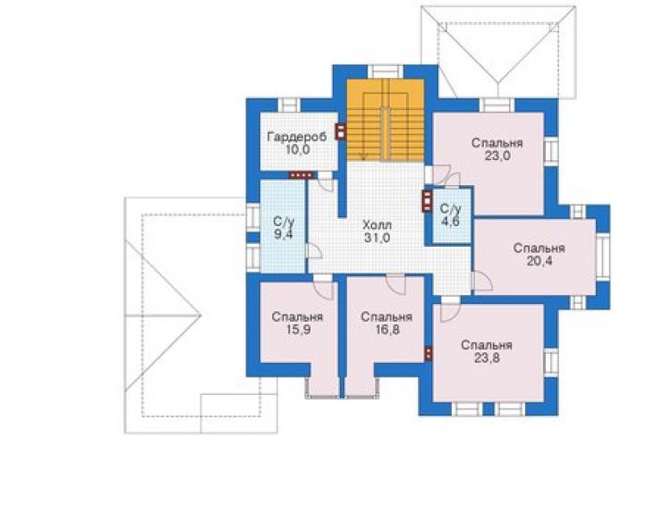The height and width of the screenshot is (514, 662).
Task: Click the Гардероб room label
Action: click(x=297, y=137)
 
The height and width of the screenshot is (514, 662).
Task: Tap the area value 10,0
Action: click(x=297, y=149)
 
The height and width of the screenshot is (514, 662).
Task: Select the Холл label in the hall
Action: click(x=377, y=225)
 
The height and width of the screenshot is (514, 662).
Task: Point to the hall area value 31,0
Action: click(x=377, y=238)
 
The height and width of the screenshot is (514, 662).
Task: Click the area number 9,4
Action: click(x=283, y=234)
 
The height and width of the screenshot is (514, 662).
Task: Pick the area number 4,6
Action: click(x=450, y=222)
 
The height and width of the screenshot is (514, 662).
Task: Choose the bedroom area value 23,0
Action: click(x=497, y=156)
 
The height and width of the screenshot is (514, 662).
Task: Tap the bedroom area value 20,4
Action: click(x=539, y=261)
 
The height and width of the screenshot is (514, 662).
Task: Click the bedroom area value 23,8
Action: click(x=487, y=358)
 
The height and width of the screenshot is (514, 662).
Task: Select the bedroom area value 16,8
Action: click(x=386, y=330)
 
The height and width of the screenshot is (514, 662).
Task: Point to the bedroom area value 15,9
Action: click(x=298, y=330)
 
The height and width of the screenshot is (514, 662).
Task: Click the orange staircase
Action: click(x=386, y=120)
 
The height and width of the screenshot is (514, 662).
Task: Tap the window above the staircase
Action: click(x=385, y=71)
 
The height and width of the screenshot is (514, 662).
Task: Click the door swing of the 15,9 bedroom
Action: click(x=324, y=291)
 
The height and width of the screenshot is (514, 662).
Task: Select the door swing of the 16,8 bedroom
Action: click(x=396, y=285)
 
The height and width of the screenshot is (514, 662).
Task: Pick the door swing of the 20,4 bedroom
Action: click(x=482, y=281)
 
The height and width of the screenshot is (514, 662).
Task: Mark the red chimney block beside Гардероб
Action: click(x=340, y=131)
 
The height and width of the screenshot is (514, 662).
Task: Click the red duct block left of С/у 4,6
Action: click(x=428, y=201)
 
